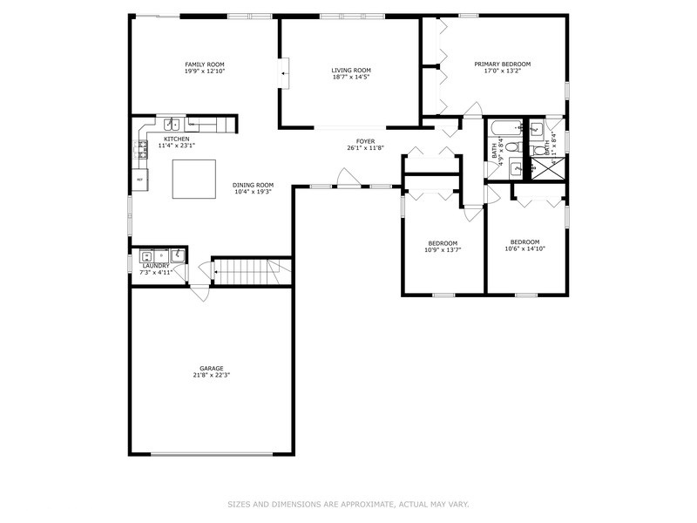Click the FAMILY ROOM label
pos(205,65)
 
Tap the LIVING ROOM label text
pos(351,71)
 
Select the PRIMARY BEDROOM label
pos(502,65)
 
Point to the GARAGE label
pos(211,370)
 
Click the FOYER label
pos(365,141)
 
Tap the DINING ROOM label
pos(253,185)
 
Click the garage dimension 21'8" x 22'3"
pos(211,376)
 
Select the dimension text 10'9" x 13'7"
pos(442,249)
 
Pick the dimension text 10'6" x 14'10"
pos(524,248)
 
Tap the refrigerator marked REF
pos(139,180)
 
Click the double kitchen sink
pos(174,125)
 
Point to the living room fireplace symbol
pos(284,73)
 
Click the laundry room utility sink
pos(177,255)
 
